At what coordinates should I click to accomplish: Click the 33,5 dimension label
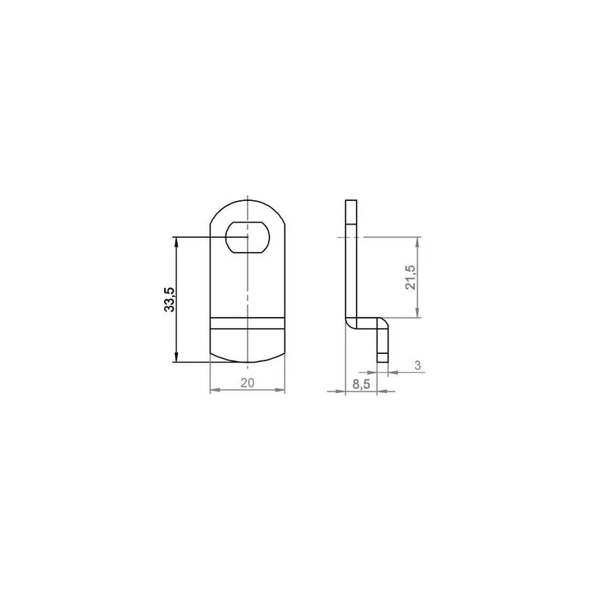(x=170, y=300)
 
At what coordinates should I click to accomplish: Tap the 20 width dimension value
(x=247, y=383)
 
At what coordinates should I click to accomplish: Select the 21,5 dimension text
(x=410, y=278)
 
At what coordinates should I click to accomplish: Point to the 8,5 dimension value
(x=361, y=384)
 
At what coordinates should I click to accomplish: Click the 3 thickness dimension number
(x=417, y=365)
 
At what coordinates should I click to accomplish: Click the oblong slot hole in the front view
(x=247, y=237)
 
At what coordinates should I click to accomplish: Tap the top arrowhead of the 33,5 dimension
(x=177, y=242)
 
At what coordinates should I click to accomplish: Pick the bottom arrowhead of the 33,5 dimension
(x=177, y=357)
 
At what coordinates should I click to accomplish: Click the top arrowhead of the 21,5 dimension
(x=417, y=242)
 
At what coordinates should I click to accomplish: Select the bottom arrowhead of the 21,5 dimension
(x=417, y=312)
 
